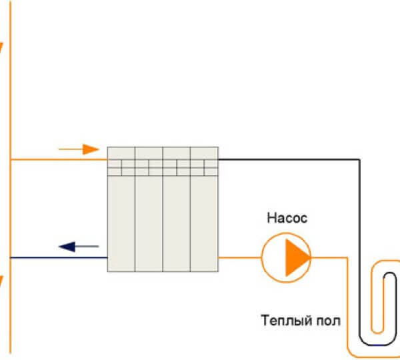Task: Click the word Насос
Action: coord(287,217)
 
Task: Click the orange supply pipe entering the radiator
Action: coord(60,160)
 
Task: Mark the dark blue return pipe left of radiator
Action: coord(60,257)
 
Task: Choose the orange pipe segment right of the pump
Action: coord(330,257)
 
